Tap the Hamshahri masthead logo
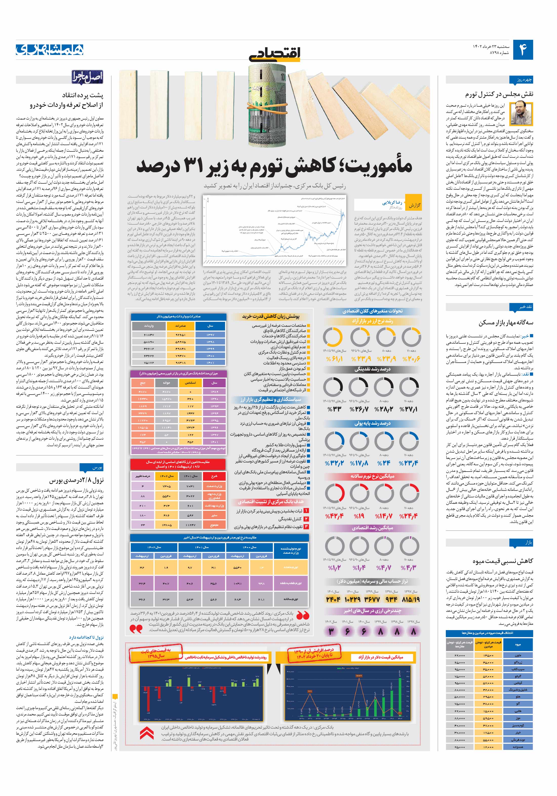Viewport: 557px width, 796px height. (x=50, y=50)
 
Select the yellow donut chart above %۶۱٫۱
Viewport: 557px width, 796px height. (x=332, y=337)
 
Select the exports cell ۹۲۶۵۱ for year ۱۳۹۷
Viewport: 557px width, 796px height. (x=180, y=335)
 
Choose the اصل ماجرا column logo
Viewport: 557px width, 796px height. (x=87, y=77)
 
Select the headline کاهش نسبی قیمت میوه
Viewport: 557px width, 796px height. (x=503, y=561)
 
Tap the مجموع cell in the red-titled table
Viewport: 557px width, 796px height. (x=214, y=525)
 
